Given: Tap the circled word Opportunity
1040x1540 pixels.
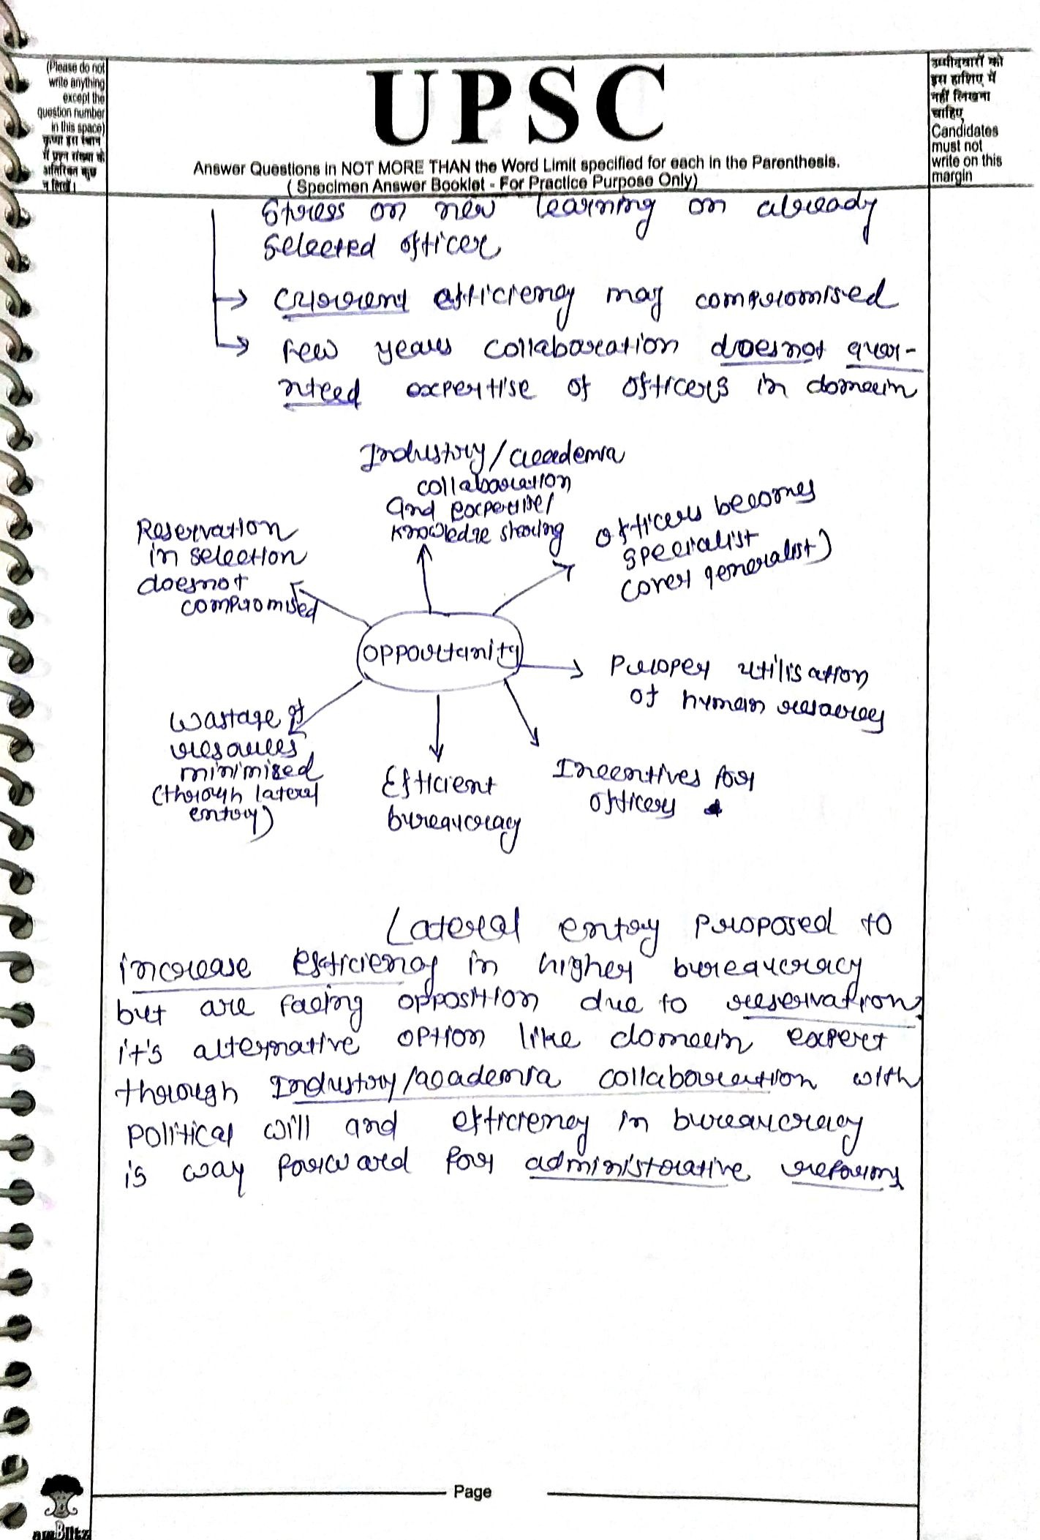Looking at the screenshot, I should click(x=440, y=653).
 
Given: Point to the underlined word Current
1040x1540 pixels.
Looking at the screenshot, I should click(x=341, y=298).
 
